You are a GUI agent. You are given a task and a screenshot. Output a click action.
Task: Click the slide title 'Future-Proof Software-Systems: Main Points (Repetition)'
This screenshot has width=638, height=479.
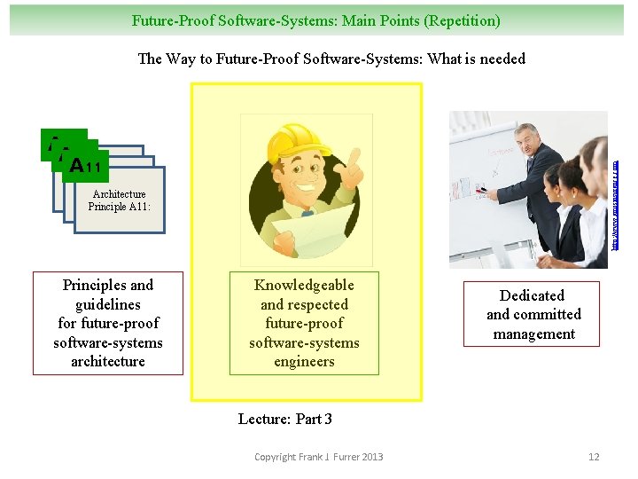point(315,20)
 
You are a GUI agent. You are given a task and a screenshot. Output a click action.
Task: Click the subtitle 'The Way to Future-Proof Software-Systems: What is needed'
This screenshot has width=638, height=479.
point(331,59)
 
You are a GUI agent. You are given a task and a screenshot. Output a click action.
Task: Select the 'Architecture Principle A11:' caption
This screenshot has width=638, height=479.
point(119,200)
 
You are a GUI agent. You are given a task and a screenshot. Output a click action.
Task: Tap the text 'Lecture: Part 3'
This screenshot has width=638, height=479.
point(284,419)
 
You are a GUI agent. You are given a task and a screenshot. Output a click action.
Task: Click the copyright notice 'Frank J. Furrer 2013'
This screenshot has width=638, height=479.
point(319,457)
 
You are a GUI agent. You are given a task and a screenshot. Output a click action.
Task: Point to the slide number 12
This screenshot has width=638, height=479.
point(594,457)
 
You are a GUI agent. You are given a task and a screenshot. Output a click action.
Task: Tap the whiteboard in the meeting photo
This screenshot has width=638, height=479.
point(483,177)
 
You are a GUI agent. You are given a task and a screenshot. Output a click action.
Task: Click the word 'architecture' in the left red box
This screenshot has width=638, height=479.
point(108,361)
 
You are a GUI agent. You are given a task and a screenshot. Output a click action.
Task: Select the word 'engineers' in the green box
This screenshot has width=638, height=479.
point(304,361)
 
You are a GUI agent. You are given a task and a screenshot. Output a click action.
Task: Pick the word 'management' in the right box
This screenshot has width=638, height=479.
point(534,334)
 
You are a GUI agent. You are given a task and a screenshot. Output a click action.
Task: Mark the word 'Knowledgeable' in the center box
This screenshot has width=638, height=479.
point(304,285)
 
